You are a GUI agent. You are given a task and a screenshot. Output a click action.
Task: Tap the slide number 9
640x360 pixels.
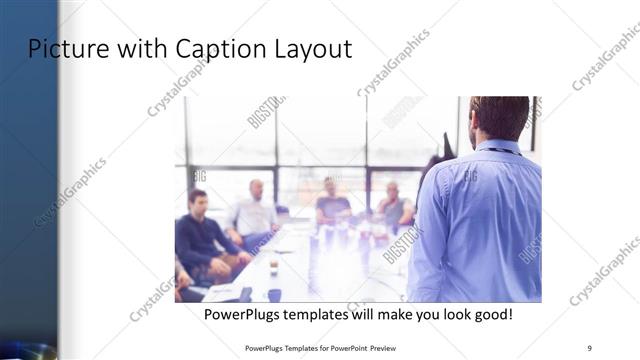590,347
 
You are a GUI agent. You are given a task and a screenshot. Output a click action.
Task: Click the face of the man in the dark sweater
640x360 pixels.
198,200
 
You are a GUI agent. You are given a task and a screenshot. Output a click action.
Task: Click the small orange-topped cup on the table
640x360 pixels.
273,267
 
